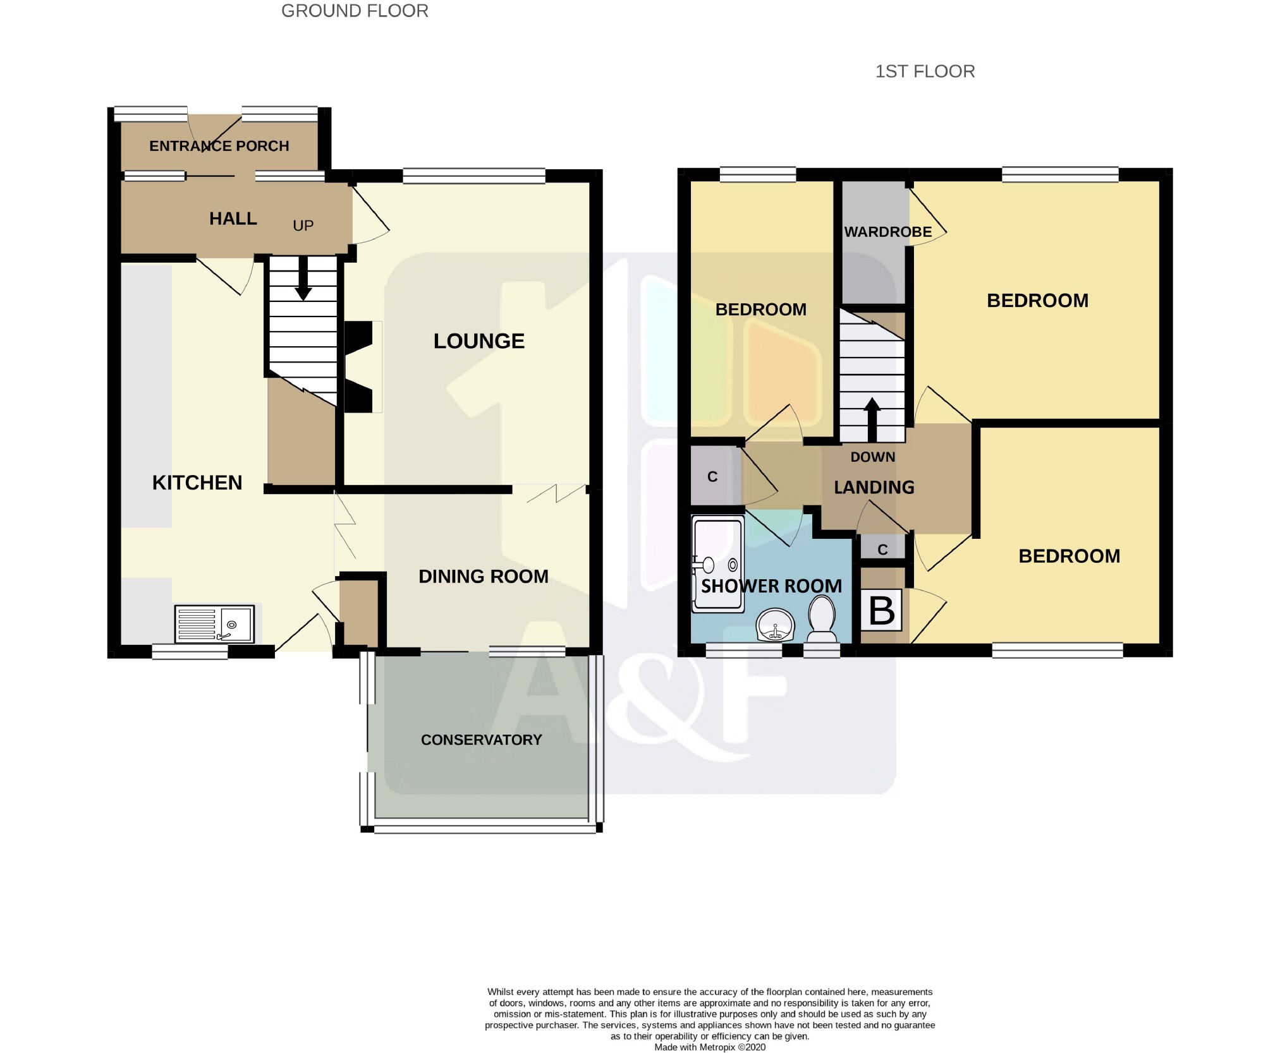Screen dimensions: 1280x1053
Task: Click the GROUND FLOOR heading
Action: coord(355,11)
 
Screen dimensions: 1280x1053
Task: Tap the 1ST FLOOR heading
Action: coord(925,71)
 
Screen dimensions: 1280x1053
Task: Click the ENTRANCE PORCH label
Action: coord(219,146)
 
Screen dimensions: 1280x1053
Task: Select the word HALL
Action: coord(233,219)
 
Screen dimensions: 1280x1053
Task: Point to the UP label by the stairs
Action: coord(303,226)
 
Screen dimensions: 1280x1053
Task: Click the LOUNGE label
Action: coord(479,341)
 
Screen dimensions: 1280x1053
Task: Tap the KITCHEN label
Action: coord(197,483)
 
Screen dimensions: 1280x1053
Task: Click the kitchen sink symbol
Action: coord(214,623)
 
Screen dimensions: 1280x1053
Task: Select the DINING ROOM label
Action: coord(484,576)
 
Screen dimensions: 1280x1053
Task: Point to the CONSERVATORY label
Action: coord(482,740)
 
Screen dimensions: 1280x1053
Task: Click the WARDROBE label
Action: coord(888,232)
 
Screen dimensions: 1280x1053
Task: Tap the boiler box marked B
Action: coord(882,610)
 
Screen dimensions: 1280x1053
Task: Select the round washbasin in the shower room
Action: coord(775,625)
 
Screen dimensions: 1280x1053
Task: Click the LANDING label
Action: coord(874,487)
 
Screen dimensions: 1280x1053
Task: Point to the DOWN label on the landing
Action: coord(873,457)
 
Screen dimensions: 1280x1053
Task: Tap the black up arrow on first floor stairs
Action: coord(872,419)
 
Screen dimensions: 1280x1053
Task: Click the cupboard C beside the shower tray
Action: coord(712,477)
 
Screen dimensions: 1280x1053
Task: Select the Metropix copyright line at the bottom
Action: coord(710,1047)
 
